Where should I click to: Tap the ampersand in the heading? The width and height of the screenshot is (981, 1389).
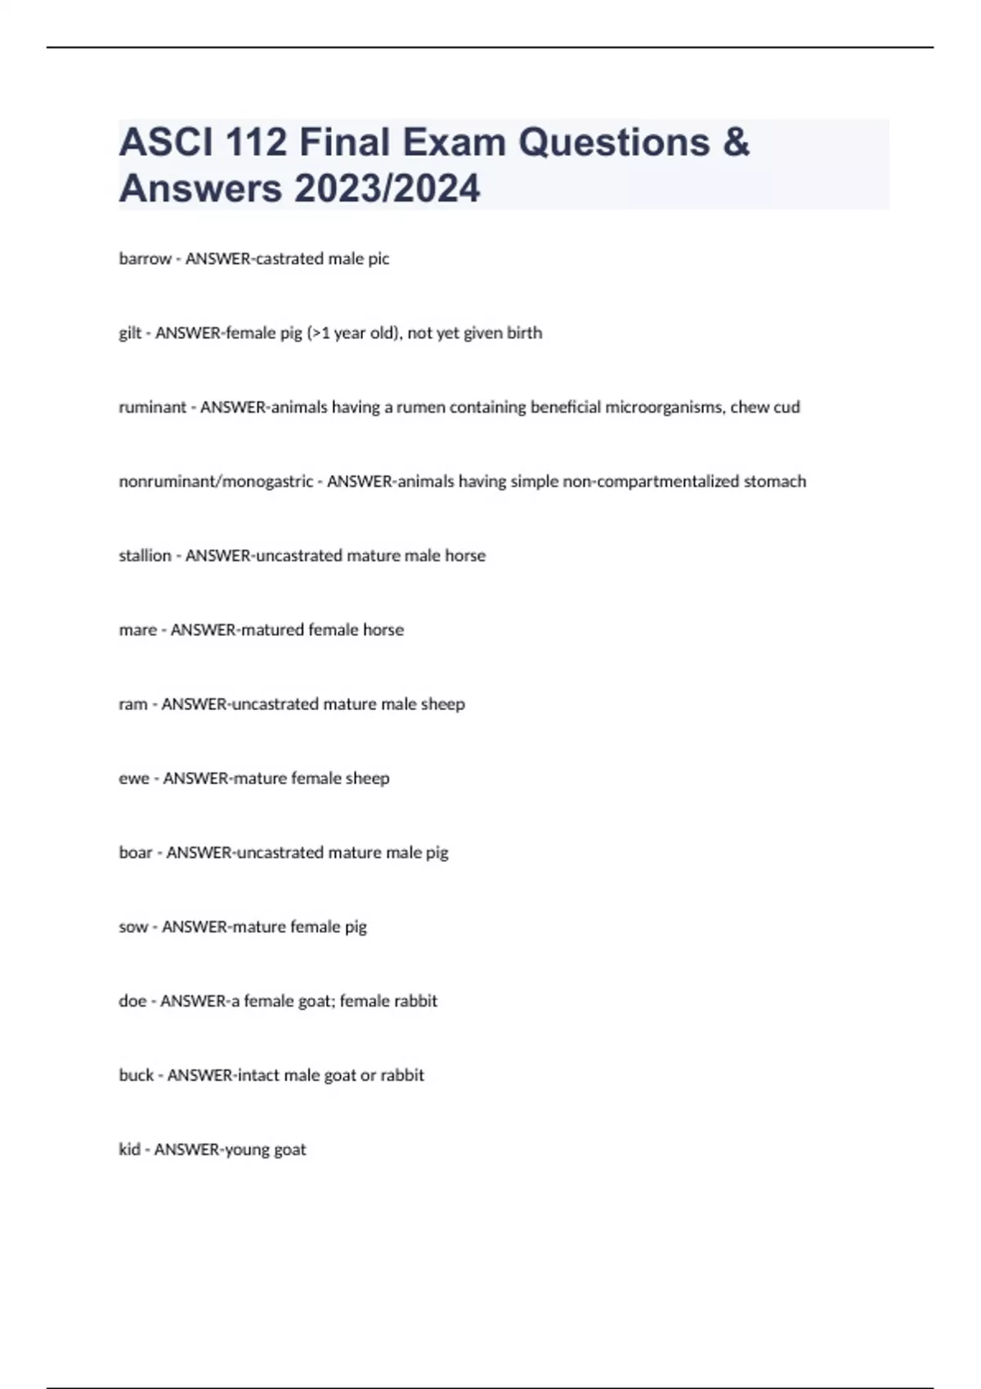pos(736,143)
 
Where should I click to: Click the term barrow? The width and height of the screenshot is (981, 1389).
pos(145,259)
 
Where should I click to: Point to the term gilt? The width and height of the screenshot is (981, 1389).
pos(130,333)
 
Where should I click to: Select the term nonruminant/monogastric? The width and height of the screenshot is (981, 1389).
pos(215,481)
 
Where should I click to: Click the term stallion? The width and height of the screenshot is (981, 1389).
pos(145,556)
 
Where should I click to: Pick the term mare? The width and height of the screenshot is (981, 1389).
pos(137,630)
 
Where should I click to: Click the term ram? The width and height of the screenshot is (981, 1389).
pos(132,704)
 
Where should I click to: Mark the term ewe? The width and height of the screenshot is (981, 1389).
pos(134,779)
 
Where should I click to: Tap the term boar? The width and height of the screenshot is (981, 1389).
pos(136,853)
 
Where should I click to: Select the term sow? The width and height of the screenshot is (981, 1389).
pos(133,927)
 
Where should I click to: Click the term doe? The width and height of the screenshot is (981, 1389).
pos(132,1001)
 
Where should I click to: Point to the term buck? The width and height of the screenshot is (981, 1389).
pos(136,1075)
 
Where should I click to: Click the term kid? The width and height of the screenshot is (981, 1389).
pos(129,1150)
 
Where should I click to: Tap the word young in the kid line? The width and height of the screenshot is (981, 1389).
pos(248,1150)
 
